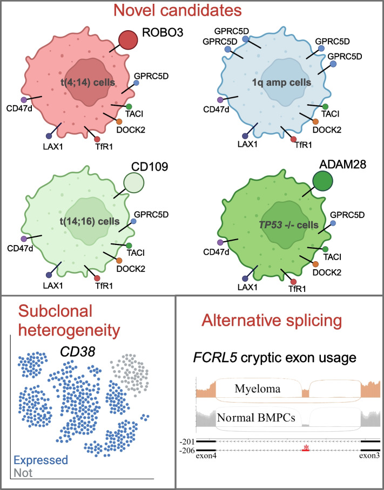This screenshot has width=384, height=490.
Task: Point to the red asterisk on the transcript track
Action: (x=306, y=447)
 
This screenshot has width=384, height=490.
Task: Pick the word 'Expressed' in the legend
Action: (x=41, y=460)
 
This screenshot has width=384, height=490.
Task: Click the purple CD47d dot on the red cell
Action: (x=23, y=100)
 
